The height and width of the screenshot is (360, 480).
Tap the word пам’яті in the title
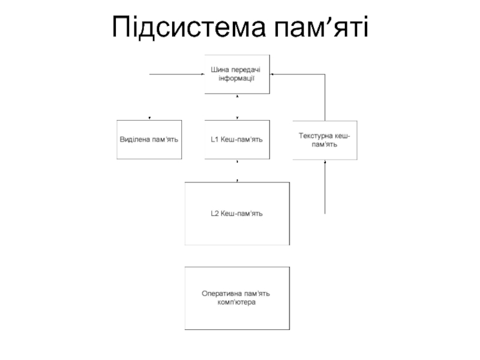(x=321, y=27)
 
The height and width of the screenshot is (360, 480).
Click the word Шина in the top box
(x=220, y=70)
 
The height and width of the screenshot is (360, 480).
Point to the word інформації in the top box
(x=236, y=79)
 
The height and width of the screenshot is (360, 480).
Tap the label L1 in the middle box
(x=215, y=140)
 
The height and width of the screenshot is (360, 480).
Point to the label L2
(x=215, y=214)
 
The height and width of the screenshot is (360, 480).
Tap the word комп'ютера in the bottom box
(x=236, y=302)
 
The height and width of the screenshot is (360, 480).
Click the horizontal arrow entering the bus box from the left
(x=177, y=74)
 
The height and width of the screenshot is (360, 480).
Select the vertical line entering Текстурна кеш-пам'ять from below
(x=325, y=187)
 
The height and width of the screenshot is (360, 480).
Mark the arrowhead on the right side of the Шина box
(x=272, y=74)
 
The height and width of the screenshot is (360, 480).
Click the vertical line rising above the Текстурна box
(x=325, y=97)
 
